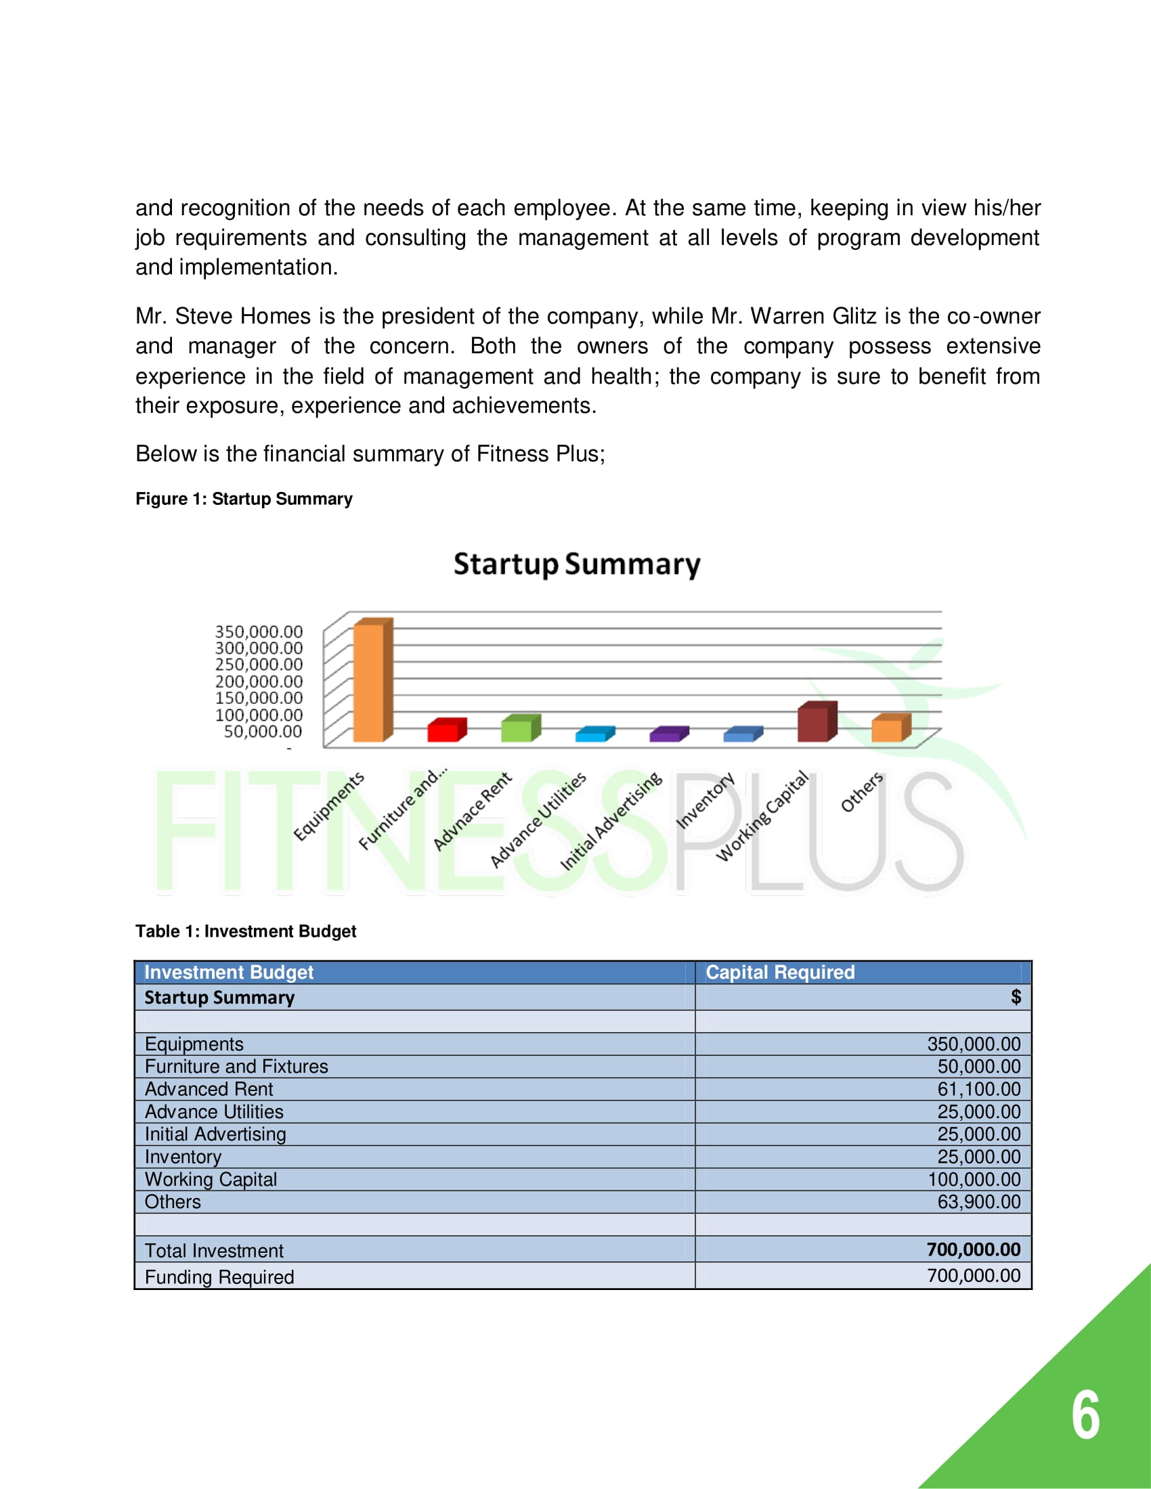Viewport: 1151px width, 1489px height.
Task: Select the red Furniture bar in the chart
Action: click(443, 732)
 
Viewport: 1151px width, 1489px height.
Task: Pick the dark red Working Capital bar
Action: click(813, 724)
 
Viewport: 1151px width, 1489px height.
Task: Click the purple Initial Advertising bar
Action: click(665, 736)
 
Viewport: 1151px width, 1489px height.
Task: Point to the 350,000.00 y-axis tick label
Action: click(259, 631)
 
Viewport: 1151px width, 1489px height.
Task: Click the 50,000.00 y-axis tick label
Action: click(263, 732)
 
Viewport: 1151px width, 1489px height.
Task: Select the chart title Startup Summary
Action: click(577, 564)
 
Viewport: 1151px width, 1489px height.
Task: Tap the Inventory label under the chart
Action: click(705, 800)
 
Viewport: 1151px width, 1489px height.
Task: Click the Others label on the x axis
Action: click(862, 793)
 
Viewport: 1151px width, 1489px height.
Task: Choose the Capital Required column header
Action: click(779, 972)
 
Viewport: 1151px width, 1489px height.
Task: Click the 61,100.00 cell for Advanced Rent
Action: click(978, 1089)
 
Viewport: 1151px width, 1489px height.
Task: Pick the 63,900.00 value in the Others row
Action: click(978, 1201)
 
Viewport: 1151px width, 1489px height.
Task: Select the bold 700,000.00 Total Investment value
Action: click(973, 1249)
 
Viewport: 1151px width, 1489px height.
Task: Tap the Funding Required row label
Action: click(219, 1277)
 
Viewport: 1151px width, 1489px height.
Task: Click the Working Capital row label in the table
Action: click(211, 1180)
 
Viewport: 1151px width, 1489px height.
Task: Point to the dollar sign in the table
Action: click(1016, 997)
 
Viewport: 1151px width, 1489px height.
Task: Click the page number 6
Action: click(1085, 1415)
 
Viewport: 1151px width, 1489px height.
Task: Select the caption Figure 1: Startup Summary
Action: click(244, 499)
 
